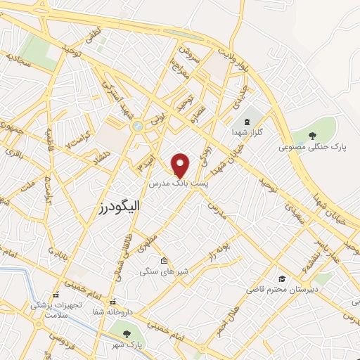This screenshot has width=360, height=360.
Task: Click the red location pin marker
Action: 181,164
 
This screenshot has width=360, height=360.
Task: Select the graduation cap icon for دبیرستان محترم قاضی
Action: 281,278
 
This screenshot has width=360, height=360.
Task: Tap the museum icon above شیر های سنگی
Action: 164,259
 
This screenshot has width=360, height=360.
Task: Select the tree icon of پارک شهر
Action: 127,334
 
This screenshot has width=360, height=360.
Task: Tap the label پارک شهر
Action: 127,345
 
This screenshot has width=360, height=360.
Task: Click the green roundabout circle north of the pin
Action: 136,127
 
